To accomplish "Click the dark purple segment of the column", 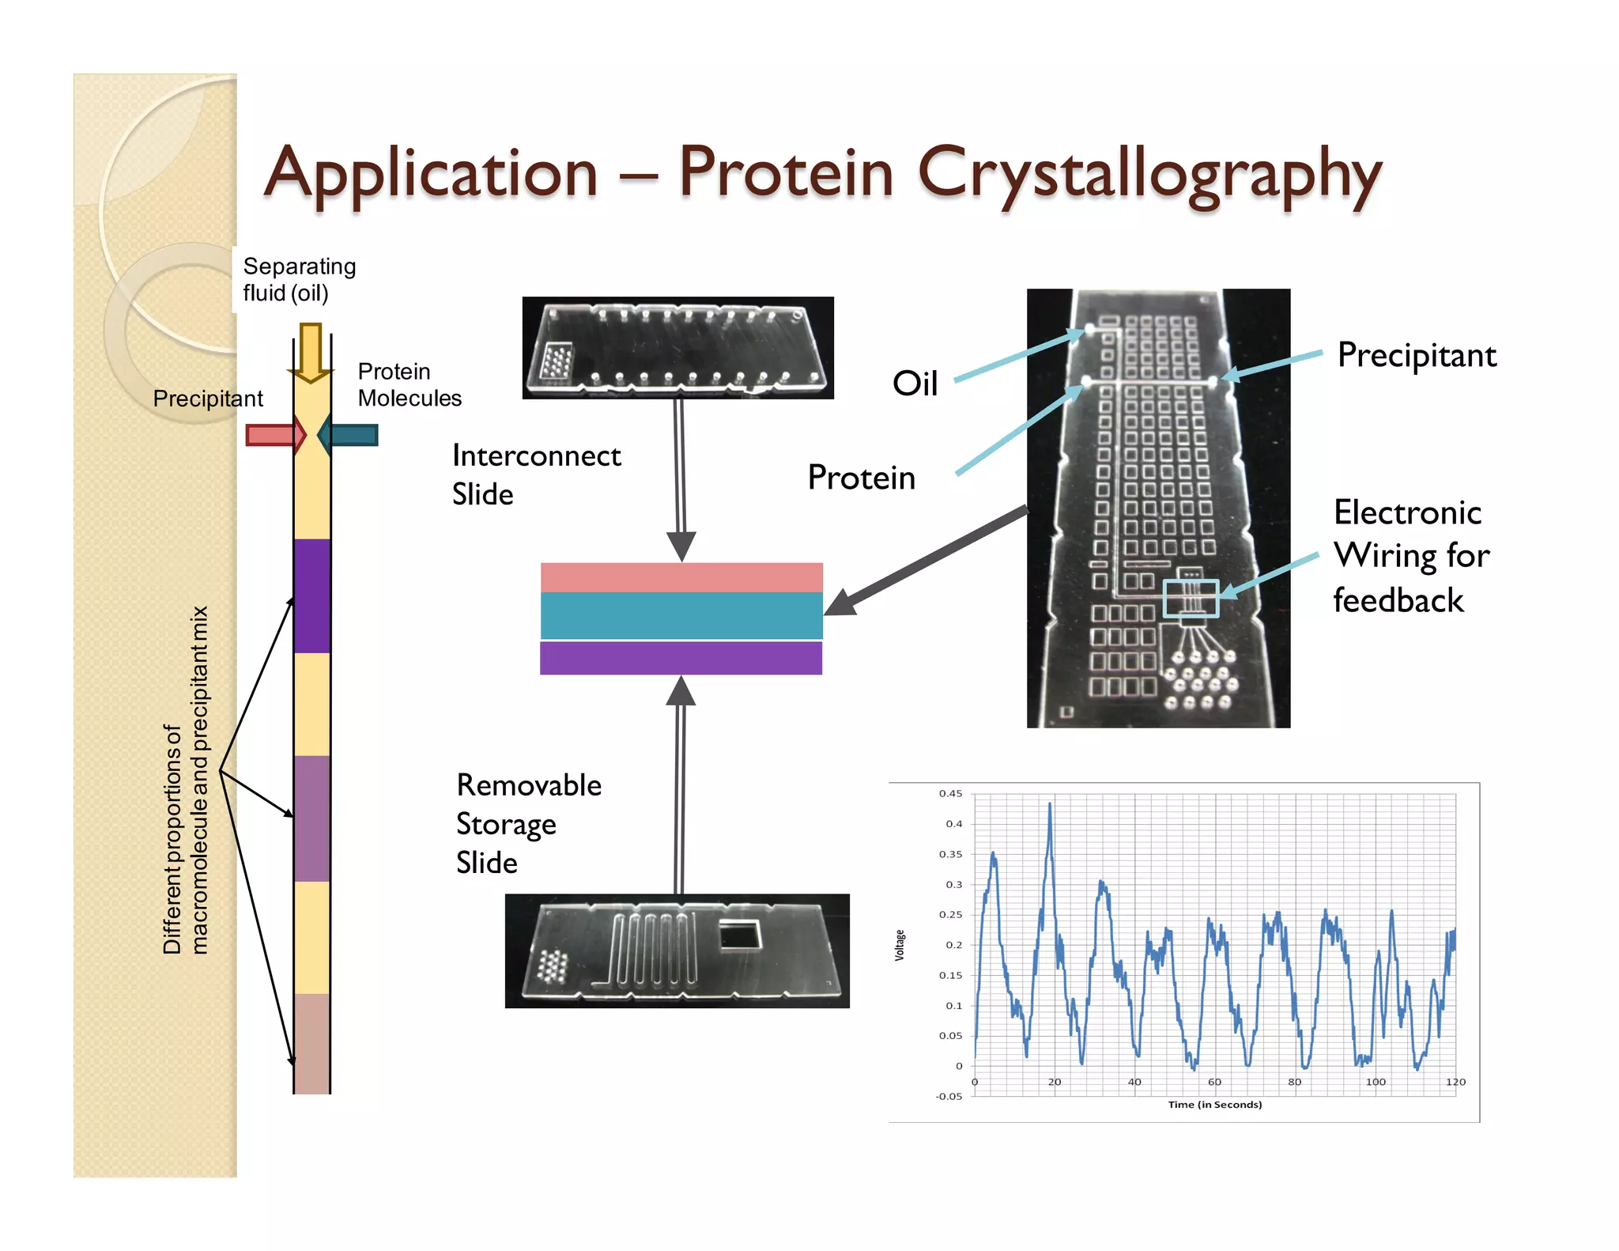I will [x=311, y=595].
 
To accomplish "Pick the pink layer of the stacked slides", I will [x=681, y=577].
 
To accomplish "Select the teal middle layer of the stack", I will [x=681, y=615].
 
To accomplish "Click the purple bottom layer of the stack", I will [x=681, y=658].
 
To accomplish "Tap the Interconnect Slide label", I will [x=536, y=474].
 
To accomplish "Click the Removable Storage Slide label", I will [x=528, y=823].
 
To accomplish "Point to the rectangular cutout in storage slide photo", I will [x=739, y=936].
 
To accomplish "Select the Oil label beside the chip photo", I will [x=915, y=384].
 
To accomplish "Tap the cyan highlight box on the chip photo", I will [x=1191, y=599].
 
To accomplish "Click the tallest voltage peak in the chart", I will [x=1050, y=805].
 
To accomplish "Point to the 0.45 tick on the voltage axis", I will [x=950, y=793].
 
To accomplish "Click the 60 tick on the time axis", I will [x=1214, y=1082].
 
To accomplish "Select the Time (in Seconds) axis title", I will [x=1214, y=1105].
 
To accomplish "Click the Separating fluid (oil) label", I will [x=299, y=279].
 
